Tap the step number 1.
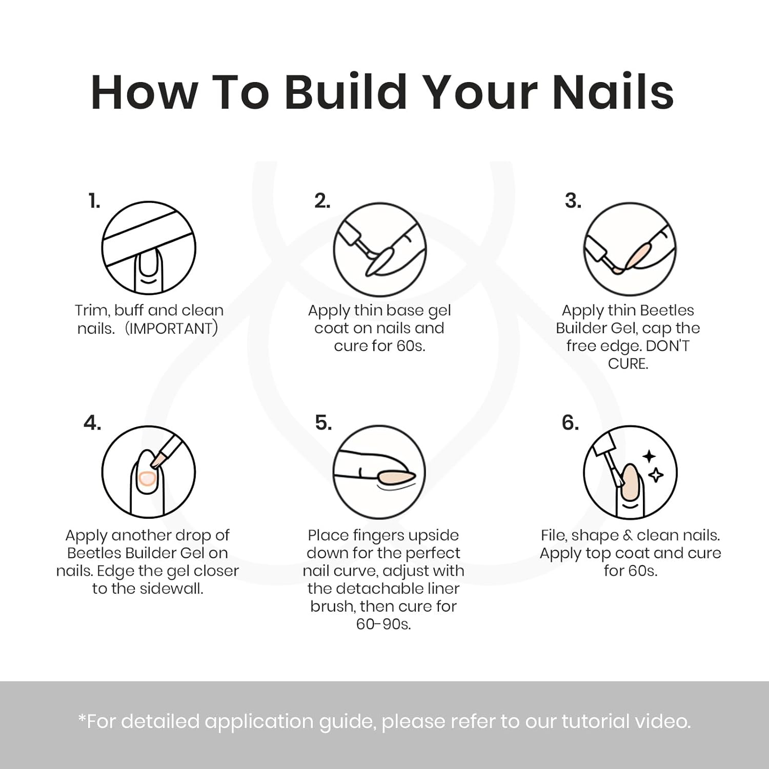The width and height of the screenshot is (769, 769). click(94, 201)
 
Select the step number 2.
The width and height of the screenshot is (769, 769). click(322, 201)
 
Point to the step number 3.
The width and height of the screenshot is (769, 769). click(573, 201)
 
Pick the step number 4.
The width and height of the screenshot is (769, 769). click(92, 423)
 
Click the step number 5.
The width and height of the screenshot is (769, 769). click(323, 423)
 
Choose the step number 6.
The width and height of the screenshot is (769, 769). click(570, 423)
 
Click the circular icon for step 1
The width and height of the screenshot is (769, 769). click(149, 248)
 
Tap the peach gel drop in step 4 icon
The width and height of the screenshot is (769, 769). click(147, 478)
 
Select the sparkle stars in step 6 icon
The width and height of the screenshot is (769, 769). click(652, 466)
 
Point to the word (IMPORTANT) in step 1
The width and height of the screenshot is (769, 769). click(172, 328)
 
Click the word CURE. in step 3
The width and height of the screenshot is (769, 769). click(628, 364)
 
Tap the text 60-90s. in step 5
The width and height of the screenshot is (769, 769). click(383, 624)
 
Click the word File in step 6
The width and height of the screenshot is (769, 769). click(554, 535)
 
